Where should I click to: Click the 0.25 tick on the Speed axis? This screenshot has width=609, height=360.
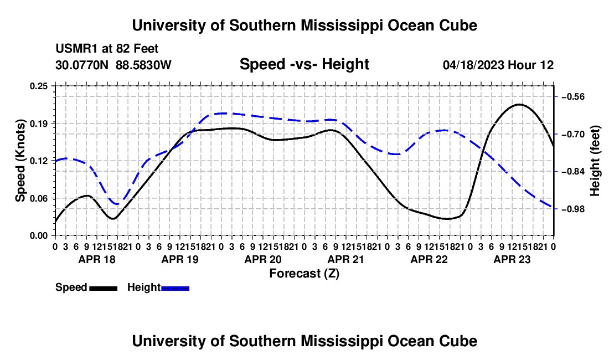click(x=38, y=86)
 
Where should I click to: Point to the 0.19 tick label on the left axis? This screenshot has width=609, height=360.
click(x=38, y=124)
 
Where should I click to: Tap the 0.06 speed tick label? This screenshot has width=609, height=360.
click(x=38, y=198)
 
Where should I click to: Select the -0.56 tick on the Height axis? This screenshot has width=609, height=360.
click(x=573, y=97)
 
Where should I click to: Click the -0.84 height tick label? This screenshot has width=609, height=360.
click(x=573, y=171)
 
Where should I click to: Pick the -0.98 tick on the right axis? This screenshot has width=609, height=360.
click(x=573, y=209)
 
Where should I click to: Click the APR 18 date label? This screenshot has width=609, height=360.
click(x=97, y=259)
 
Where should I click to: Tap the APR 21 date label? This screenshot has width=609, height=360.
click(x=345, y=259)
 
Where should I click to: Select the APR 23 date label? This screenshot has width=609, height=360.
click(x=512, y=259)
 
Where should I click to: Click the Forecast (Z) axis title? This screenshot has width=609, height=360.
click(x=304, y=274)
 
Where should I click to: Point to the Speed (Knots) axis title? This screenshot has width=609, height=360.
click(x=20, y=161)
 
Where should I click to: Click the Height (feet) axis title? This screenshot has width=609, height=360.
click(x=595, y=161)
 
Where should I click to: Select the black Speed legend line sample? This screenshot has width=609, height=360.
click(x=103, y=289)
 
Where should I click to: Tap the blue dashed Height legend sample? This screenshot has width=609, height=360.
click(x=175, y=289)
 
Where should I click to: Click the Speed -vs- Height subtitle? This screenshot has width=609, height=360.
click(x=304, y=64)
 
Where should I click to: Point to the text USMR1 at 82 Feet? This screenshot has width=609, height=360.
click(x=107, y=49)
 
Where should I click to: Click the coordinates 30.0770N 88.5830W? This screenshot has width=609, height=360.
click(x=113, y=65)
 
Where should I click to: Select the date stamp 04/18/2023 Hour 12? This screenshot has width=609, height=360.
click(x=498, y=65)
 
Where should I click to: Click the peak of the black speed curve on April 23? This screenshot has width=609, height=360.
click(x=519, y=105)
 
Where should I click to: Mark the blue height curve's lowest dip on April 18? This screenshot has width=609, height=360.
click(x=116, y=204)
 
